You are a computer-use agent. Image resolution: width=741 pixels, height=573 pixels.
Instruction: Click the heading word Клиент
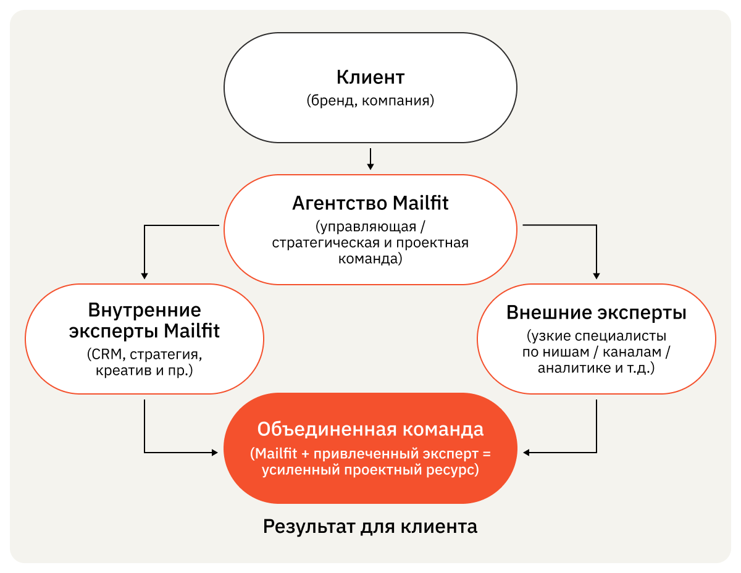click(371, 78)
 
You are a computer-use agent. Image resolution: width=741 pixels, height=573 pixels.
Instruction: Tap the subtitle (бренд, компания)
click(371, 100)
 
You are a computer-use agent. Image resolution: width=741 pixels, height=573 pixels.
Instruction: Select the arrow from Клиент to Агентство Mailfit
click(371, 159)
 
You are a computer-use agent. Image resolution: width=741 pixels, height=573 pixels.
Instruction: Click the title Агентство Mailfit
click(371, 203)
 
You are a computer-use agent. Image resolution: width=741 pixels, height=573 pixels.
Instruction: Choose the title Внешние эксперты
click(597, 312)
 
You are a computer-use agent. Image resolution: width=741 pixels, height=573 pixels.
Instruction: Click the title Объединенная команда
click(371, 429)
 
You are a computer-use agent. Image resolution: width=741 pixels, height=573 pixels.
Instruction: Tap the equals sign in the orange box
click(486, 454)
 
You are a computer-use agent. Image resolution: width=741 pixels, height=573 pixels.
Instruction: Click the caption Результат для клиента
click(371, 527)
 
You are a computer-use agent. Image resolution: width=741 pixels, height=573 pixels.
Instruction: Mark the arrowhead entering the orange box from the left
click(215, 453)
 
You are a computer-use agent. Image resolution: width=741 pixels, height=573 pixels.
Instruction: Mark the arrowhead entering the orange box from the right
click(526, 453)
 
